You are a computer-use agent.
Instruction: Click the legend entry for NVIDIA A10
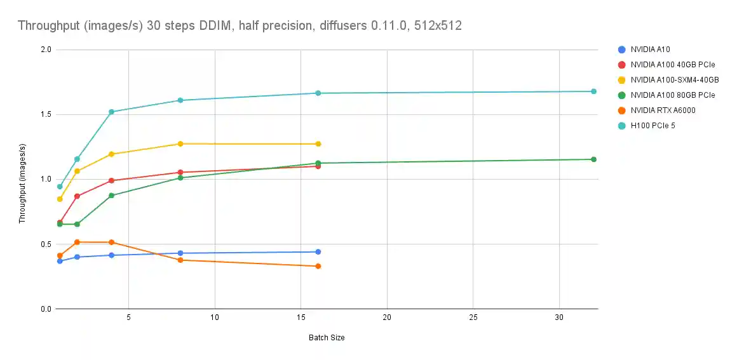650,49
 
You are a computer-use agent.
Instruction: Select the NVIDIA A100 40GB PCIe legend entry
672,64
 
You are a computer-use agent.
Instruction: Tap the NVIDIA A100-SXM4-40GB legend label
674,79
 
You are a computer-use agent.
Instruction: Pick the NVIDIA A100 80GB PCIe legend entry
672,95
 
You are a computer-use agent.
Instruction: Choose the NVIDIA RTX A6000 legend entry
663,110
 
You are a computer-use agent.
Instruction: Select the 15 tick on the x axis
301,317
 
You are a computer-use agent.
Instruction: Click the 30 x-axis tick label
559,317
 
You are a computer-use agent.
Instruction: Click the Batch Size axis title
327,338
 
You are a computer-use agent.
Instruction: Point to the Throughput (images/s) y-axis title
22,180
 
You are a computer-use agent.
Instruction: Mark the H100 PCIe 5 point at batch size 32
593,91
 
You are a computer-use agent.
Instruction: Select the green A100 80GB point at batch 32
593,159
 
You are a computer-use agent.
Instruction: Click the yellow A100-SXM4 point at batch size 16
318,144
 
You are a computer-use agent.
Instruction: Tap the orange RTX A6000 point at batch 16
318,266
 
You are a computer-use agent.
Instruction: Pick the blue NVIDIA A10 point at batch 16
318,252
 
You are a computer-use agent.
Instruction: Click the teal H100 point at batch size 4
111,112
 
